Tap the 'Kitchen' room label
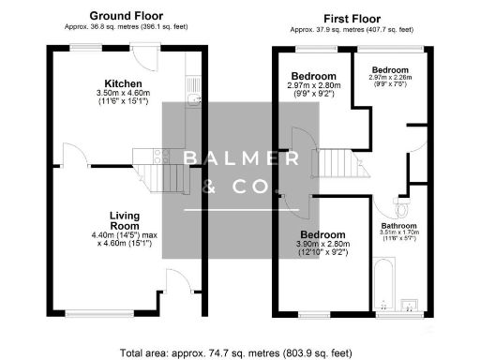[x=124, y=82]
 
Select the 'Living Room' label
[x=124, y=220]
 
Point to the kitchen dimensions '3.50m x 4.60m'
[x=124, y=94]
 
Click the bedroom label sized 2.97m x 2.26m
[x=389, y=70]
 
